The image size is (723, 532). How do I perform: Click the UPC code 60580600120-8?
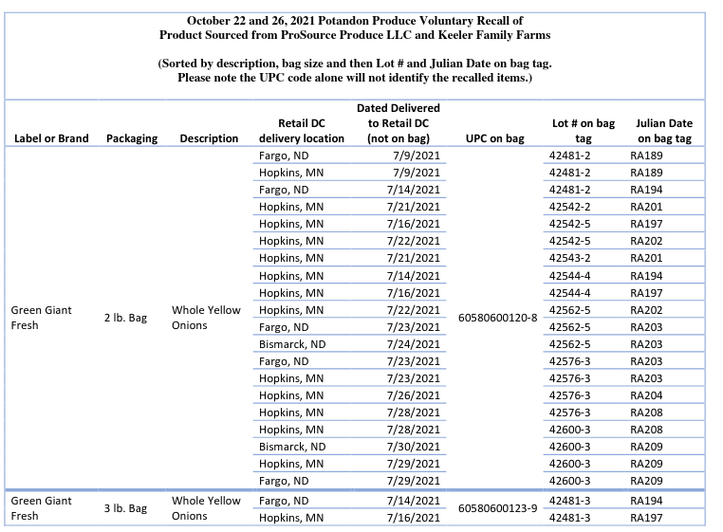tap(497, 317)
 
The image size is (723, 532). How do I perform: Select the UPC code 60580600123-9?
tap(497, 508)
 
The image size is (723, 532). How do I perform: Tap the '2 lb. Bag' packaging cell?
tap(125, 318)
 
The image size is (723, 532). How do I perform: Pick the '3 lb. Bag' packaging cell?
tap(125, 508)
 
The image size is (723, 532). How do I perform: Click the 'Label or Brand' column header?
tap(51, 138)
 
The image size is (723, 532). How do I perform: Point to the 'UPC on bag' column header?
tap(494, 138)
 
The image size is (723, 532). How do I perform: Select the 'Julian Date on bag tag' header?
tap(663, 131)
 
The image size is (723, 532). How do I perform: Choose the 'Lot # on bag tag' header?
tap(583, 131)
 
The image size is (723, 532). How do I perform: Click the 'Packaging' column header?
tap(132, 138)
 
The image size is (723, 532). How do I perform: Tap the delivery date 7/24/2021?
tap(414, 344)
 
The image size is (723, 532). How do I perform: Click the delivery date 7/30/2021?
tap(414, 447)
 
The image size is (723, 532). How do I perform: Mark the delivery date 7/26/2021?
tap(414, 395)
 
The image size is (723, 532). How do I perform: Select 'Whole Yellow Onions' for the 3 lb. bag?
tap(206, 508)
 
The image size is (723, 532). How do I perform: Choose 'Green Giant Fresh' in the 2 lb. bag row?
tap(41, 318)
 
